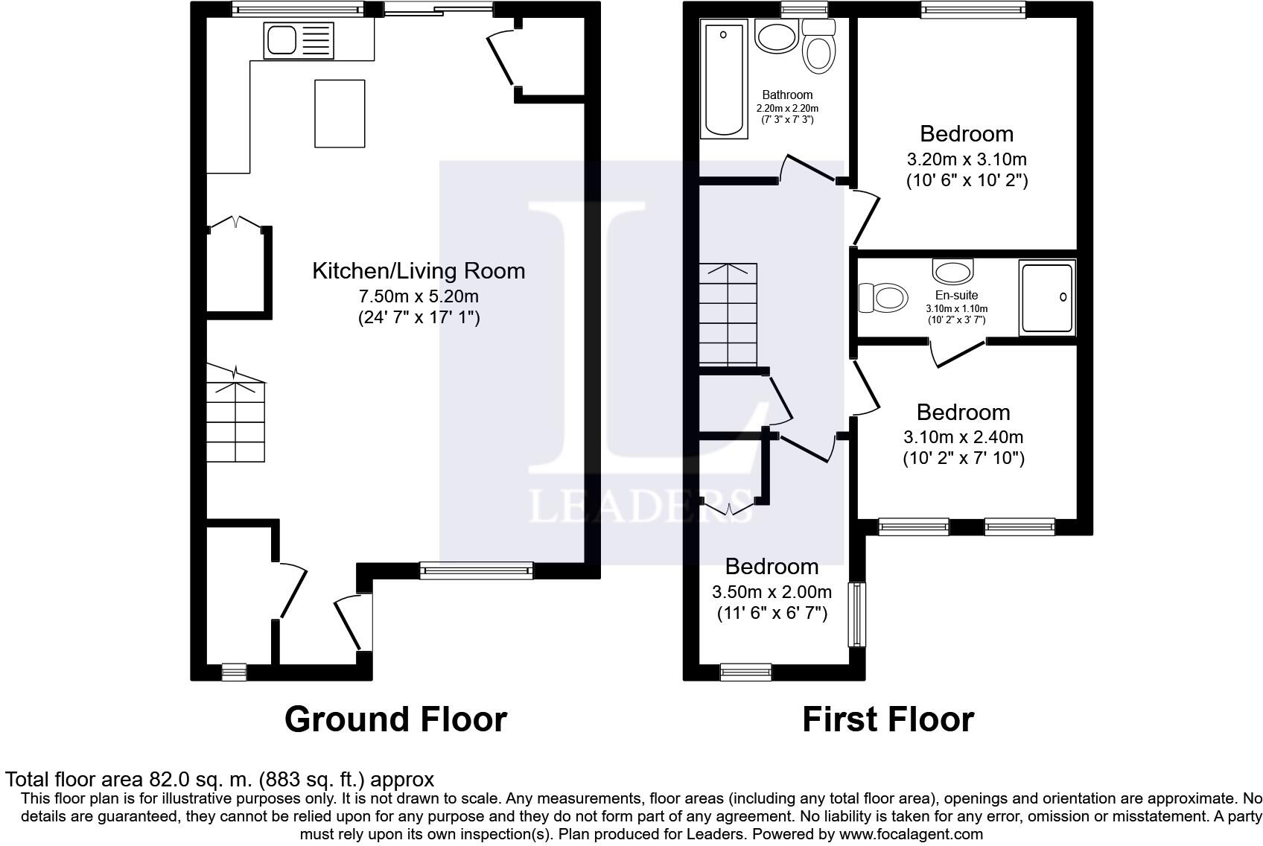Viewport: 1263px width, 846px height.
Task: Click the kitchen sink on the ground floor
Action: [x=299, y=41]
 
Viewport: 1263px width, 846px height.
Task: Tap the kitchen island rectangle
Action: [x=340, y=113]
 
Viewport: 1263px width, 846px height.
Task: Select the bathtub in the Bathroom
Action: [x=724, y=79]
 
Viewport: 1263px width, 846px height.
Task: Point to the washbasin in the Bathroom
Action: [x=777, y=36]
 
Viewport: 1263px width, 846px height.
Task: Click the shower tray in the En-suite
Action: [x=1047, y=297]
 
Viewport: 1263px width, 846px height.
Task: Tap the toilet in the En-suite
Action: [x=883, y=297]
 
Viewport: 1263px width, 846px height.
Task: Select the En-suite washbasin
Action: [x=953, y=271]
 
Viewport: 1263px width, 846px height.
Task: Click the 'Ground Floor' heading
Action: [x=396, y=719]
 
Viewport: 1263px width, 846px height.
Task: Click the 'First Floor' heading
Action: [x=888, y=719]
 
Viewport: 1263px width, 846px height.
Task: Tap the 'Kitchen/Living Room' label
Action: [x=419, y=271]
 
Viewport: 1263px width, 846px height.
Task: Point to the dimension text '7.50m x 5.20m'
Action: [x=419, y=296]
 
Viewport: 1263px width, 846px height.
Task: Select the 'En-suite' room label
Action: [x=956, y=295]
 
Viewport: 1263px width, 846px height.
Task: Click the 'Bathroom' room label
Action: [x=787, y=95]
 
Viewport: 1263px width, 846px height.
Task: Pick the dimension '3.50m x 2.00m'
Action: [x=772, y=591]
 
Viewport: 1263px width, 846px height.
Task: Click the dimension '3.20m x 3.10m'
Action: [x=967, y=159]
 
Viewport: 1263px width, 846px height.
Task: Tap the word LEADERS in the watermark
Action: [x=640, y=506]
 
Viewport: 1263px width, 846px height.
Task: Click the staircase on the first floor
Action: [x=728, y=314]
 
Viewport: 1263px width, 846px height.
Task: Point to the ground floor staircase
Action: [x=235, y=414]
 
